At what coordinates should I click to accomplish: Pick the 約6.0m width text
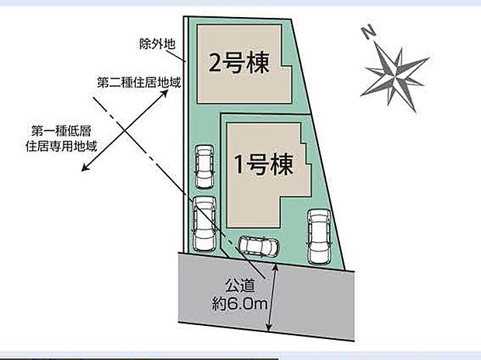click(x=241, y=304)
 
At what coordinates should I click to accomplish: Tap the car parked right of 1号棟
click(x=319, y=235)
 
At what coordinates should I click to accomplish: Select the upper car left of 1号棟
click(x=204, y=166)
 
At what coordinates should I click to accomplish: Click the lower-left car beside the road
click(x=204, y=223)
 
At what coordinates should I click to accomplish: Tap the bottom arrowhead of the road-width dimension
click(x=269, y=328)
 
